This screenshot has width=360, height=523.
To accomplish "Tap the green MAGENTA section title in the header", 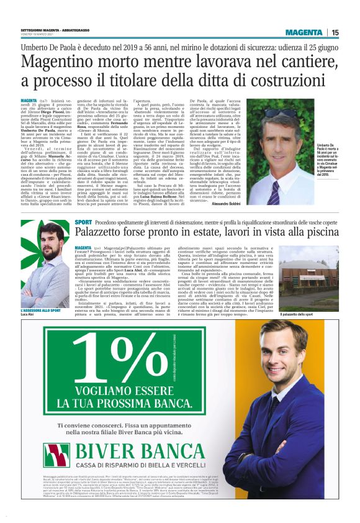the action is (304, 32).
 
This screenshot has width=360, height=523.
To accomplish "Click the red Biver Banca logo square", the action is (64, 453).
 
